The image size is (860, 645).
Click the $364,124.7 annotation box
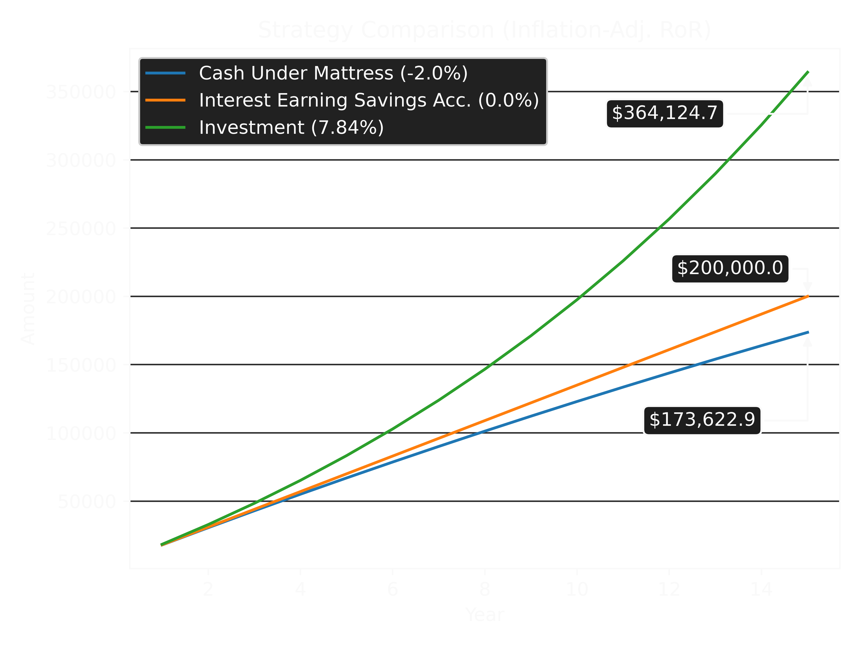point(664,113)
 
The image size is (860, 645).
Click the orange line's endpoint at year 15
point(808,296)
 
